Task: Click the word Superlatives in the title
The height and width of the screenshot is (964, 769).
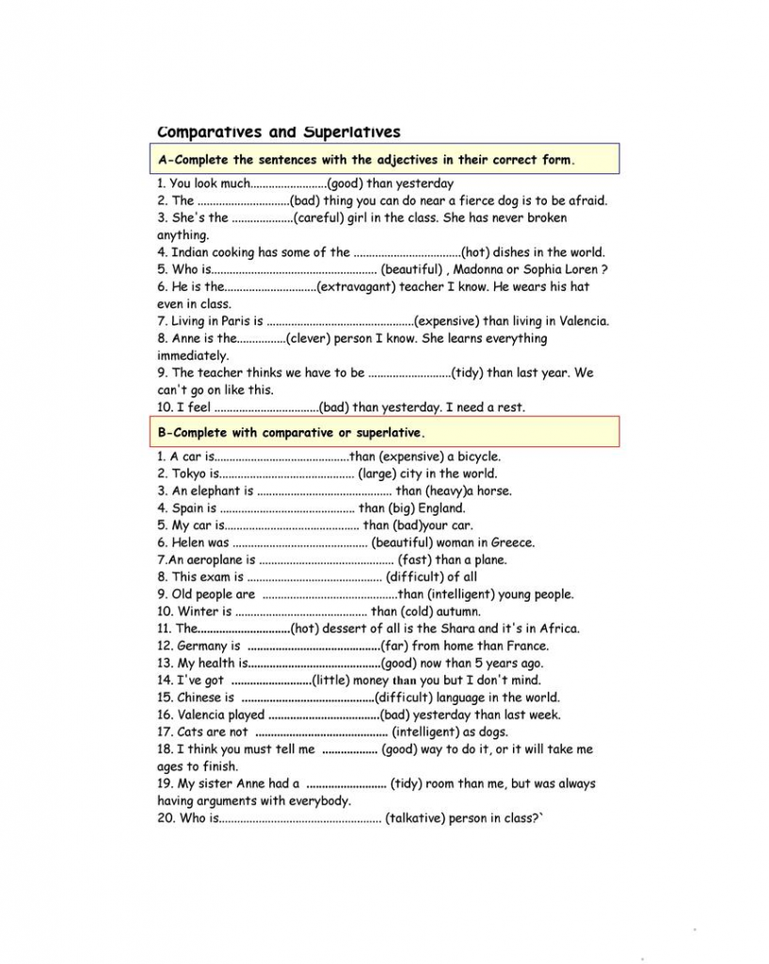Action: click(x=352, y=132)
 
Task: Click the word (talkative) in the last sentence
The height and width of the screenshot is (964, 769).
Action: click(x=416, y=819)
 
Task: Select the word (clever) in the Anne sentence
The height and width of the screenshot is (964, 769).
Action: click(x=311, y=339)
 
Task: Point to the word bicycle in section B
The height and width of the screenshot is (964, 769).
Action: click(x=479, y=458)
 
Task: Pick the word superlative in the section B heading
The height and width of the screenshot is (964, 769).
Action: click(x=387, y=433)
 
